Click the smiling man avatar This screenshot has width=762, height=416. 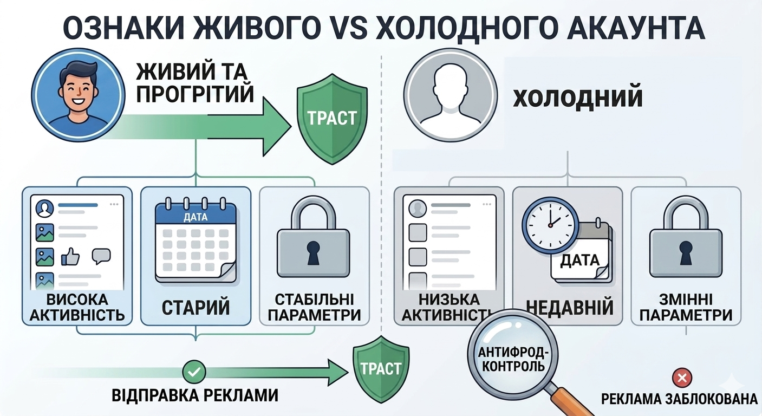tap(78, 95)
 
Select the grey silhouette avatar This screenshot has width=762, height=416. tap(451, 95)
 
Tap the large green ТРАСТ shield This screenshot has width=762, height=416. tap(332, 119)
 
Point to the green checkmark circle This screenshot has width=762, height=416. tap(194, 372)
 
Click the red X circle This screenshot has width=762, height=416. tap(682, 378)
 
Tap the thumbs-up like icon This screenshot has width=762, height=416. tap(70, 256)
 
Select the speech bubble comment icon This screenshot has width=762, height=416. tap(101, 256)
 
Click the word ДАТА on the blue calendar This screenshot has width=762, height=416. tap(196, 217)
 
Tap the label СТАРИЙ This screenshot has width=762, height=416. tap(196, 307)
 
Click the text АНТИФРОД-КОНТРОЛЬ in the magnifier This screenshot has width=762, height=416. tap(513, 359)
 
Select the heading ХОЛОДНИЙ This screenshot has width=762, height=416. tap(577, 97)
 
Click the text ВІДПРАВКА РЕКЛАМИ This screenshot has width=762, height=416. tap(195, 395)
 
